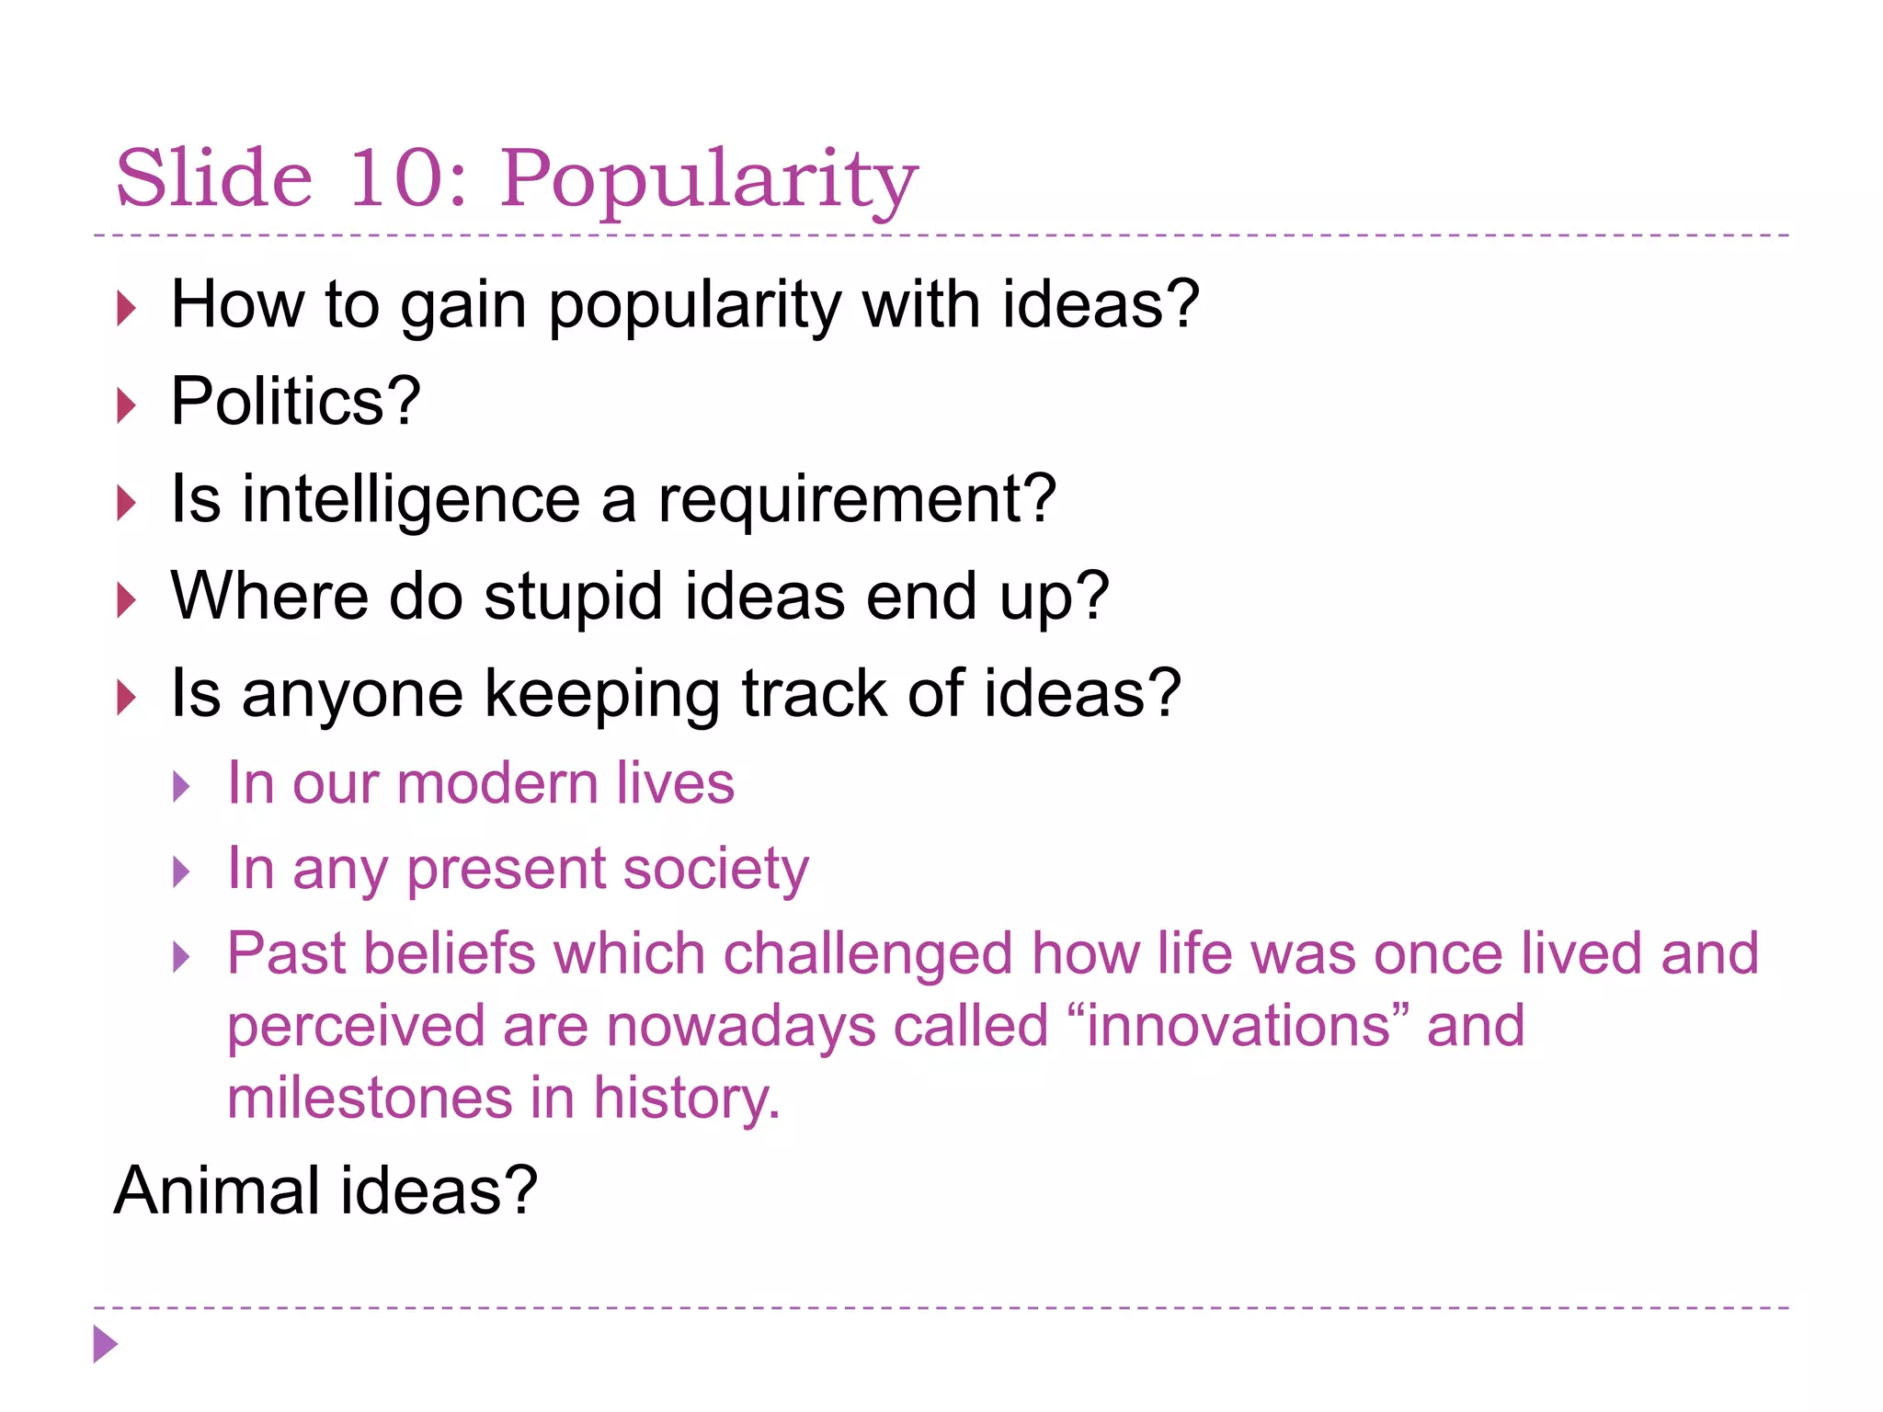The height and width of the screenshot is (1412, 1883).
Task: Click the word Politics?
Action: [x=295, y=402]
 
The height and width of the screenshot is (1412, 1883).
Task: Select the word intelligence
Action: [x=411, y=500]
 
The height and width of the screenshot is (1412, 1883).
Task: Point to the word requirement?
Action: [x=856, y=500]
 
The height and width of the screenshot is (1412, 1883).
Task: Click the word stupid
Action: [x=572, y=598]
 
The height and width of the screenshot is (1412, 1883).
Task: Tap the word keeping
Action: [x=601, y=695]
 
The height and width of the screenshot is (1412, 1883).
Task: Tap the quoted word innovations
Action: [x=1238, y=1026]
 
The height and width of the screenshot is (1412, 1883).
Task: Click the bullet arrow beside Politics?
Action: [x=127, y=405]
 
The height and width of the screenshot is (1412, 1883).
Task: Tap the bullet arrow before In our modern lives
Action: [x=182, y=787]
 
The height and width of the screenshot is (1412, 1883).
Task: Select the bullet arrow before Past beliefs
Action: [x=182, y=957]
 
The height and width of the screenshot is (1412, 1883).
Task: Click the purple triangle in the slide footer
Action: [x=106, y=1345]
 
